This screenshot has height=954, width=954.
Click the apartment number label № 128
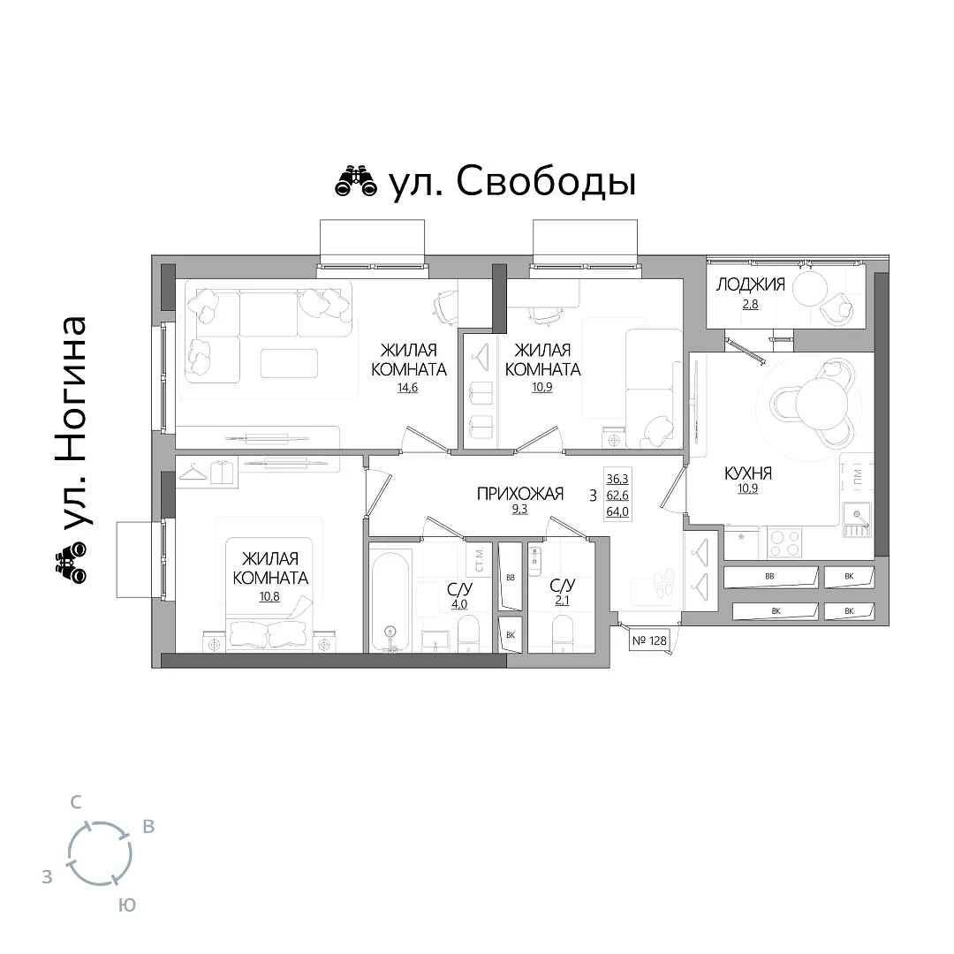(x=649, y=640)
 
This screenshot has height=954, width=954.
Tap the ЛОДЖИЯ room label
(x=750, y=284)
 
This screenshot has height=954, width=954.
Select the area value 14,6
(x=407, y=388)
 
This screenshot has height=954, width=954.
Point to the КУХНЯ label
(x=748, y=473)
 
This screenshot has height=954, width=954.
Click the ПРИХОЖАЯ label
(x=520, y=494)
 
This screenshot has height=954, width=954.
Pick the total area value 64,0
(x=617, y=511)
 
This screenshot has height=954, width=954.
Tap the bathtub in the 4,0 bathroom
(x=390, y=599)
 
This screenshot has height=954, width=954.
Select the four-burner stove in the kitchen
(x=784, y=542)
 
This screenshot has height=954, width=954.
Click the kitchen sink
(x=857, y=520)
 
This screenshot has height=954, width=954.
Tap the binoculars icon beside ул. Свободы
(x=357, y=181)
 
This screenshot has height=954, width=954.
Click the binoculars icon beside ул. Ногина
(x=72, y=562)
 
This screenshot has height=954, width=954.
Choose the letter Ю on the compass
(x=126, y=905)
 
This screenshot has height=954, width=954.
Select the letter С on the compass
(x=75, y=802)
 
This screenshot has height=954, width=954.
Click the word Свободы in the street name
(x=546, y=181)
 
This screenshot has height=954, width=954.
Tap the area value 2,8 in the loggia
(x=750, y=304)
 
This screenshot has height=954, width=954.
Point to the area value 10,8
(x=269, y=597)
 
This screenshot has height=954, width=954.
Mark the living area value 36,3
(x=617, y=480)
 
